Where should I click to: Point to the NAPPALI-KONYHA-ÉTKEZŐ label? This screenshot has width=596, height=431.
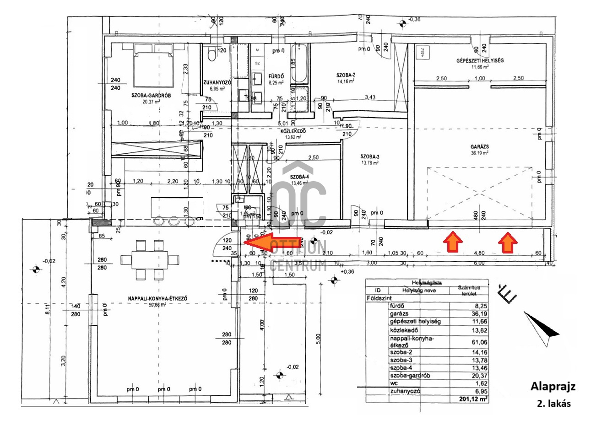[158, 300]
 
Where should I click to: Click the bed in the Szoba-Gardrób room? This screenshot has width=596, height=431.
[153, 65]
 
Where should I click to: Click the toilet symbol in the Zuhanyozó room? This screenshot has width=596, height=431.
[211, 54]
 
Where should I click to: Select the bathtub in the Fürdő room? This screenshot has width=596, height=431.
[300, 64]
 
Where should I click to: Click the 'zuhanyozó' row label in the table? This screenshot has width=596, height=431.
[405, 392]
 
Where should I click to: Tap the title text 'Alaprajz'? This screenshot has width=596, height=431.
[553, 387]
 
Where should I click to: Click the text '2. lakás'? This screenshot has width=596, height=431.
[554, 404]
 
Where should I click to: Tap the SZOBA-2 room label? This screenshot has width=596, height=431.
[346, 75]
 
